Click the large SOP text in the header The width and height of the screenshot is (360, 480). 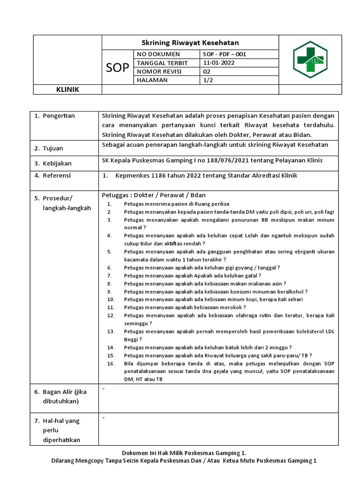(x=118, y=67)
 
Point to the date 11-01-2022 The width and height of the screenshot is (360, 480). (x=219, y=63)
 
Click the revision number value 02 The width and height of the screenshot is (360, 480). (x=207, y=72)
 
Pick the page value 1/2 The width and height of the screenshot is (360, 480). (x=208, y=81)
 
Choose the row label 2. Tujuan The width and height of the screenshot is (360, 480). (x=49, y=149)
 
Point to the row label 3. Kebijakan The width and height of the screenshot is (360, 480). (x=52, y=163)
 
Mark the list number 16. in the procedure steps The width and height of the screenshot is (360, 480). (x=111, y=363)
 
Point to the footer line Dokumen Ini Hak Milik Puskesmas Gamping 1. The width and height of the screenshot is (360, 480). (x=184, y=453)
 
